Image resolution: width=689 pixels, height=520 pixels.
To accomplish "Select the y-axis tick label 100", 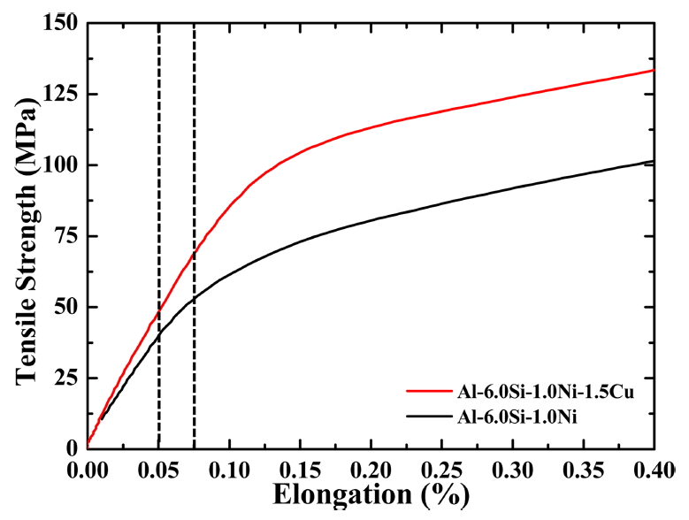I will pos(59,165).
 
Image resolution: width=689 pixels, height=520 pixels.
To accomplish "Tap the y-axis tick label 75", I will pos(65,236).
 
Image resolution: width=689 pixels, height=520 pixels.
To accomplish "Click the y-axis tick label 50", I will pos(65,307).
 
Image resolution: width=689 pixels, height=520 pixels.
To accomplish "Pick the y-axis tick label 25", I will pos(65,379).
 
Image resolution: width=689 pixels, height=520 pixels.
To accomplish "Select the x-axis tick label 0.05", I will pos(158,466).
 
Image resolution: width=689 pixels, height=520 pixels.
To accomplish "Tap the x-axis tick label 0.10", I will pos(229,466).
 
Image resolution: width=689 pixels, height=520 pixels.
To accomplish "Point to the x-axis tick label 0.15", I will pos(300,466).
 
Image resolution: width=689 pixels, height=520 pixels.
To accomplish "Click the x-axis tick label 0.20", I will pos(371,466).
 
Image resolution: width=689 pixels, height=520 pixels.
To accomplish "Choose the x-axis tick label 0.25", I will pos(441,466).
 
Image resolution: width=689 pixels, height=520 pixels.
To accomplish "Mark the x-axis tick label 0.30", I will pos(512,466).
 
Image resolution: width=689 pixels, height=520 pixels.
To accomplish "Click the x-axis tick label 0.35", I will pos(583,466).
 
